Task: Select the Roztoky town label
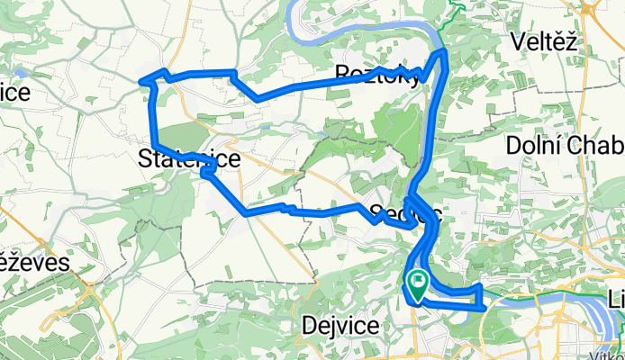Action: click(x=376, y=75)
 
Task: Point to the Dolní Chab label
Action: click(x=565, y=145)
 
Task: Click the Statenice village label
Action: click(x=189, y=160)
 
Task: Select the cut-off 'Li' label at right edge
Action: click(x=615, y=298)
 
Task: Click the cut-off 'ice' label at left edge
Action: click(x=15, y=93)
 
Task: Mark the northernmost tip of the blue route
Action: click(x=443, y=53)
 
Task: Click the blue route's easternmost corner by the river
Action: click(x=485, y=307)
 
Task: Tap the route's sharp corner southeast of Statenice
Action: click(x=247, y=213)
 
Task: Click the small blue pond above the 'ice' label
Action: click(x=19, y=69)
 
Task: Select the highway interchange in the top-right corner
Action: click(x=592, y=8)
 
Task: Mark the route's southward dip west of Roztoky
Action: click(x=258, y=96)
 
